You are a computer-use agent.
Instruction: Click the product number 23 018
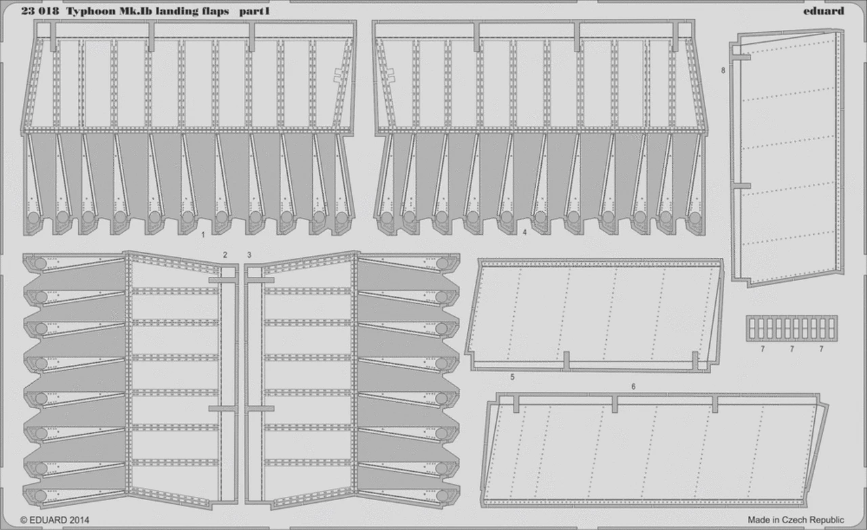click(40, 12)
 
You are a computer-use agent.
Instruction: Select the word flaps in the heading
click(214, 12)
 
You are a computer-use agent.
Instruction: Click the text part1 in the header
click(254, 12)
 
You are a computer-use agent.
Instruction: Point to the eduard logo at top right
click(824, 11)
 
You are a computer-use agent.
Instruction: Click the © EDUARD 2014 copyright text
click(55, 520)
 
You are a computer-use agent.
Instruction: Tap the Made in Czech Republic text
click(796, 520)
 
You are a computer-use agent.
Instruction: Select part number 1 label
click(203, 235)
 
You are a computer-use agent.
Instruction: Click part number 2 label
click(225, 255)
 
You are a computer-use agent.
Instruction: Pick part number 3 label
click(249, 255)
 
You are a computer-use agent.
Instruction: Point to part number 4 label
click(524, 232)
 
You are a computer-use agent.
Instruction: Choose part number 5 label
click(512, 377)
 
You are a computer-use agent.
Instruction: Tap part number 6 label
click(633, 387)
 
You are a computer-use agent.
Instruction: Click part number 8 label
click(723, 70)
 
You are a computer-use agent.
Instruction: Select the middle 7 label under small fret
click(792, 349)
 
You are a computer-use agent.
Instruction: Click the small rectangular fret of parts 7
click(792, 328)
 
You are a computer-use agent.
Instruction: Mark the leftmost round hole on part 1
click(33, 218)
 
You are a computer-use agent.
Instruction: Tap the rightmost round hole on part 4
click(695, 218)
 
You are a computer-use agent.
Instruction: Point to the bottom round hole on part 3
click(442, 495)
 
